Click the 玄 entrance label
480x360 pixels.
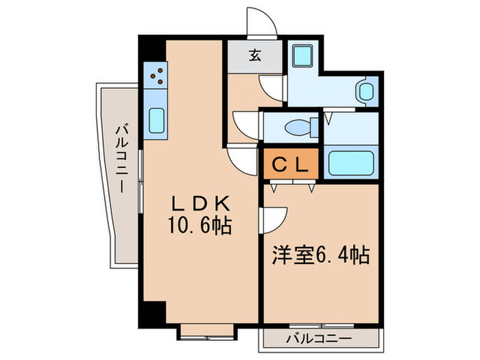tap(254, 56)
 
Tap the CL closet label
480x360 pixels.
tap(290, 165)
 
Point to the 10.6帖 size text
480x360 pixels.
tap(200, 226)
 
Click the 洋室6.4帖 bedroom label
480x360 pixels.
tap(321, 254)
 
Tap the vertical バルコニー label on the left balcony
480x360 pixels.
tap(122, 158)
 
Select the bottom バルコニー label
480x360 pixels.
tap(319, 339)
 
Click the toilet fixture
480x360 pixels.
tap(302, 128)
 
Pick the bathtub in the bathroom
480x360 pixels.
tap(351, 163)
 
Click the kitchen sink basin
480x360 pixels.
tap(156, 121)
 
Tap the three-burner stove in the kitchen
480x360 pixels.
tap(156, 75)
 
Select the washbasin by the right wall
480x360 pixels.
tap(365, 92)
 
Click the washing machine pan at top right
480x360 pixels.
tap(302, 56)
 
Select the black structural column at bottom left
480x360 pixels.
tap(152, 314)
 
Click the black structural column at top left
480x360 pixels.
tap(152, 49)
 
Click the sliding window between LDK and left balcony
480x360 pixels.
tap(141, 181)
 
